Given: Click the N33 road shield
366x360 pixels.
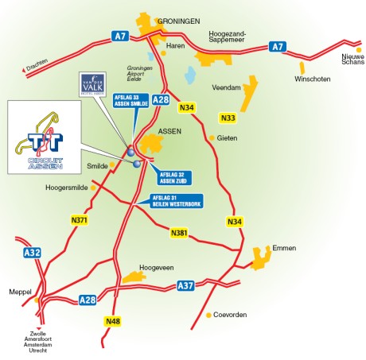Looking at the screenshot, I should point(228,118).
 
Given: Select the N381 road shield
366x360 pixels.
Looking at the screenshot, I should point(181,233).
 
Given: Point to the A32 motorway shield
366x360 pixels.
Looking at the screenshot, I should point(31,253).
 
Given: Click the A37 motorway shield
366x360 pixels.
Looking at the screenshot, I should point(185,285).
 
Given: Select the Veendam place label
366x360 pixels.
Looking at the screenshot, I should point(227,88).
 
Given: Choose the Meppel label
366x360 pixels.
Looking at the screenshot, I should point(21,290).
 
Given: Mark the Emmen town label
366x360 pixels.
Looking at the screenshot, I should point(283,247).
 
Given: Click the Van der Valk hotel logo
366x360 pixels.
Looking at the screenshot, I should point(95,84).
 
